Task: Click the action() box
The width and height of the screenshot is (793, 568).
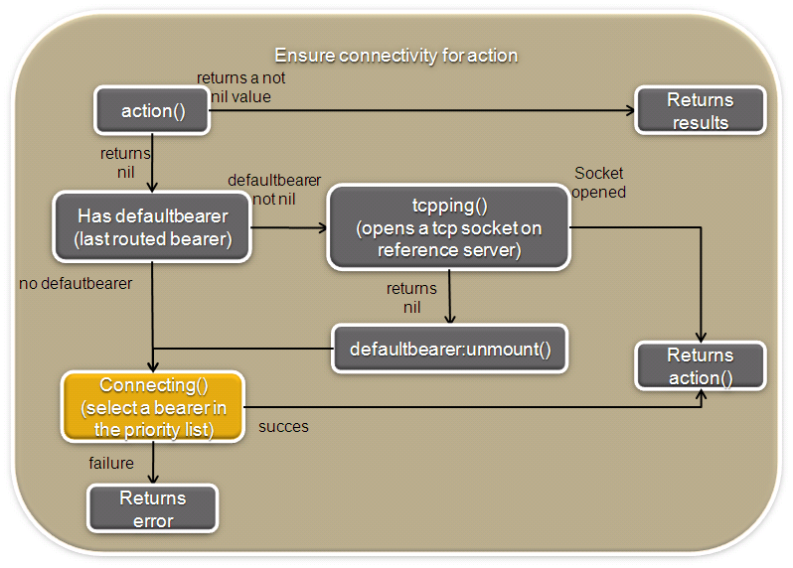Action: tap(152, 110)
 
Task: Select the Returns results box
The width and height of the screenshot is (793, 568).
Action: tap(700, 110)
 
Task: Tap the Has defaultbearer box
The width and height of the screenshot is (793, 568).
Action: tap(152, 226)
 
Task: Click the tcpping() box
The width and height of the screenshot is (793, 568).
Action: tap(448, 226)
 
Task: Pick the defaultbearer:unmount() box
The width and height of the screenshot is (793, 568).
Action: tap(449, 349)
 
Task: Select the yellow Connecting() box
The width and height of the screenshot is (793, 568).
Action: tap(153, 407)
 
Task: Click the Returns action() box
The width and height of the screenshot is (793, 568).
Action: tap(700, 366)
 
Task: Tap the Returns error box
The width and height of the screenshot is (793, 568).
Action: tap(153, 508)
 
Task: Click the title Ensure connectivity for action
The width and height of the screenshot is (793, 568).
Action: tap(396, 55)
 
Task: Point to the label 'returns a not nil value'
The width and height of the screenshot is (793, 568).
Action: tap(240, 87)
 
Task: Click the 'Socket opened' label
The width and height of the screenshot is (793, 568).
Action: tap(599, 183)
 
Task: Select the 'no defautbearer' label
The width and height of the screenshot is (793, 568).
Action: tap(76, 283)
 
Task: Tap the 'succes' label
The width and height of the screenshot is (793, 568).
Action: tap(283, 427)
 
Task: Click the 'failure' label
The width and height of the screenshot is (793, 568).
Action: tap(111, 463)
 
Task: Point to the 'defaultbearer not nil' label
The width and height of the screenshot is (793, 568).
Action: tap(274, 190)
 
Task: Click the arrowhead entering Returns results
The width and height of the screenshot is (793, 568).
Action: tap(630, 110)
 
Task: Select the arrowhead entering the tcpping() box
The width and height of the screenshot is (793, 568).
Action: tap(322, 228)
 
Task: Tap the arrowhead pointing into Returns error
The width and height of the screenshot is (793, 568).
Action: tap(153, 479)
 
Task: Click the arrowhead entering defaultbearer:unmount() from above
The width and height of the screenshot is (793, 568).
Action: tap(449, 319)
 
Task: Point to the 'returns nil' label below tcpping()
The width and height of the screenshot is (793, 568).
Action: tap(411, 298)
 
